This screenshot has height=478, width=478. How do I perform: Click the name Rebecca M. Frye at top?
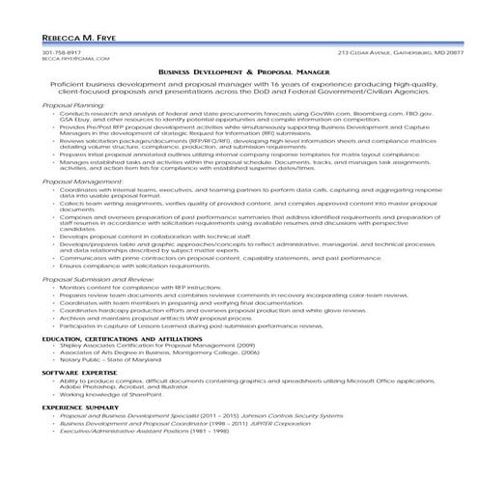[73, 38]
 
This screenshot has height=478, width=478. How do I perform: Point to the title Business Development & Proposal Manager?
[239, 72]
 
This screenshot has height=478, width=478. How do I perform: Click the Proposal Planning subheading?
[73, 105]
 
